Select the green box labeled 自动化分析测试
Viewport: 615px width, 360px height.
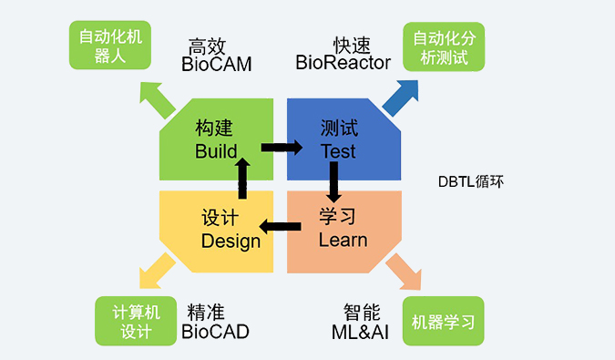click(x=444, y=46)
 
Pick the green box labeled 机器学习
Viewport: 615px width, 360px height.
click(x=444, y=322)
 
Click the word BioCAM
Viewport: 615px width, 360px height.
click(x=216, y=65)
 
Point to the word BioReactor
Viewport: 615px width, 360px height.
click(x=343, y=63)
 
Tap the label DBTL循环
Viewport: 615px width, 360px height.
click(x=470, y=182)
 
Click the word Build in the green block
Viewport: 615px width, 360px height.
click(x=216, y=151)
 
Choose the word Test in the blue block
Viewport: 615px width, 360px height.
click(x=338, y=151)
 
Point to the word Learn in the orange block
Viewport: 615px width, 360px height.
click(x=343, y=241)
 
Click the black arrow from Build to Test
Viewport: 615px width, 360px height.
click(x=282, y=147)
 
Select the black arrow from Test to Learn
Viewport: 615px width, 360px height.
click(x=333, y=183)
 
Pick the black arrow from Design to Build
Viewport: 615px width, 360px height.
click(x=241, y=179)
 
